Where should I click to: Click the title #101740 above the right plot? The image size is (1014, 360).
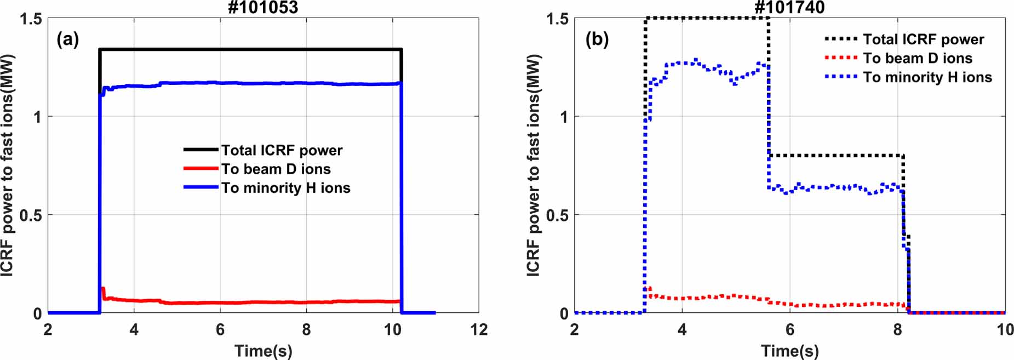[789, 7]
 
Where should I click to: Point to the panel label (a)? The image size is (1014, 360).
[68, 39]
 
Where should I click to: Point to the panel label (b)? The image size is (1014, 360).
[597, 39]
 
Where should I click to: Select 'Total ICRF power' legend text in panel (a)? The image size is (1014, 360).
[282, 150]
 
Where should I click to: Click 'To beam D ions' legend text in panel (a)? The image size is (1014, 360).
[276, 169]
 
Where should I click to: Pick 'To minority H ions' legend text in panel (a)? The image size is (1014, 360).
[285, 187]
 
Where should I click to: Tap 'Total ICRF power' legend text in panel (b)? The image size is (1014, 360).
[924, 39]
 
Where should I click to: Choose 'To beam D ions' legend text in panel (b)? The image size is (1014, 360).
[918, 58]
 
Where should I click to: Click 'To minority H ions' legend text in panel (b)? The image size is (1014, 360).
[927, 77]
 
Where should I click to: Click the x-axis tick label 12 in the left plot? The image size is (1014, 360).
[478, 330]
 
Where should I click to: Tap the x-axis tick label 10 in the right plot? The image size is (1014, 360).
[1004, 330]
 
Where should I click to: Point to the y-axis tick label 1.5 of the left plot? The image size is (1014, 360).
[31, 19]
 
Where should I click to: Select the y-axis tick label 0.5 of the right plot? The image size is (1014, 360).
[558, 215]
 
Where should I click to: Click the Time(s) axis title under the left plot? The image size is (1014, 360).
[263, 351]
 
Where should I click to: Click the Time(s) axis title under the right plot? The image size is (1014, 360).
[789, 351]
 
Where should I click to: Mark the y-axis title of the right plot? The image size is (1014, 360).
[533, 164]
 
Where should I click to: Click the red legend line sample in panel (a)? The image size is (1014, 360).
[200, 169]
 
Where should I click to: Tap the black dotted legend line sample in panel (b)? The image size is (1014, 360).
[840, 39]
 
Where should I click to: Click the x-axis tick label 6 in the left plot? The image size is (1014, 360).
[220, 330]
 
